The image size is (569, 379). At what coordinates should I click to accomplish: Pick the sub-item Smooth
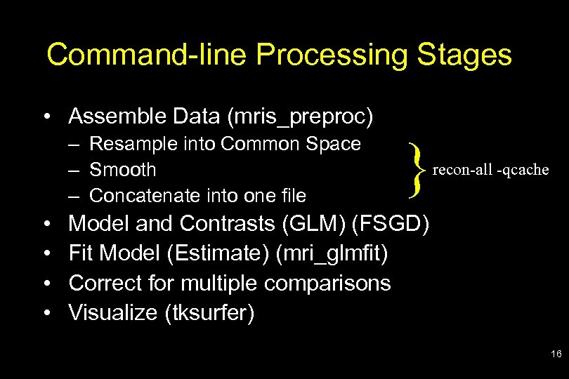pyautogui.click(x=123, y=170)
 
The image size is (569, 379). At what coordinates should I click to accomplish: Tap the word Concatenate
pyautogui.click(x=144, y=194)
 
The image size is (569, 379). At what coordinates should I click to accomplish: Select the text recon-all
pyautogui.click(x=462, y=170)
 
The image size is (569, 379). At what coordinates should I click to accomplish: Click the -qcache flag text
pyautogui.click(x=521, y=170)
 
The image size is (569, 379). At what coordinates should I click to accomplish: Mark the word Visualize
pyautogui.click(x=112, y=312)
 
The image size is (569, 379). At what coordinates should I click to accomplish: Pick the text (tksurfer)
pyautogui.click(x=209, y=312)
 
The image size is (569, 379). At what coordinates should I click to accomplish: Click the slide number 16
pyautogui.click(x=556, y=355)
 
